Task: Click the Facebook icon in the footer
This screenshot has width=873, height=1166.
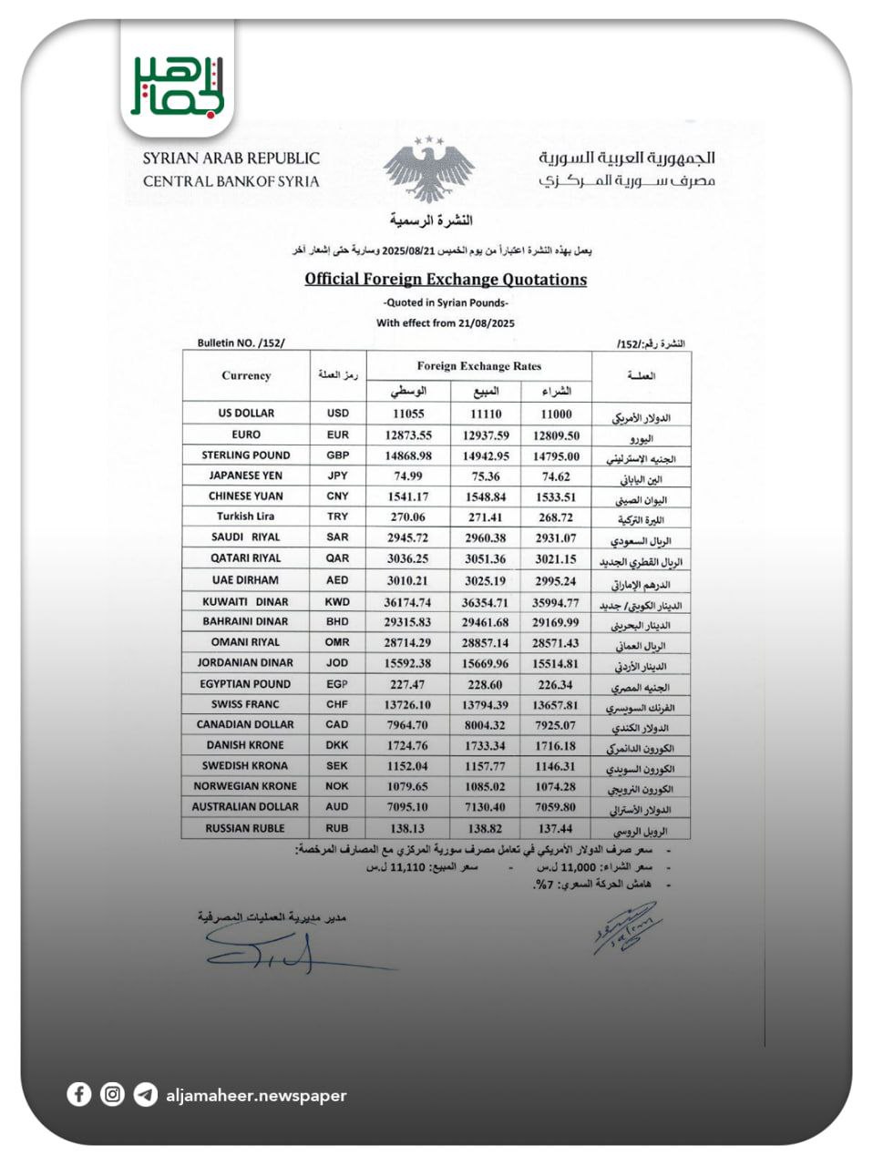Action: (x=79, y=1094)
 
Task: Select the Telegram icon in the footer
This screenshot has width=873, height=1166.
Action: (x=145, y=1094)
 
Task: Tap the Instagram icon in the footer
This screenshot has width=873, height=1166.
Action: (x=112, y=1094)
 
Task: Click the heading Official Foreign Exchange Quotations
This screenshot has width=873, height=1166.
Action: (x=445, y=280)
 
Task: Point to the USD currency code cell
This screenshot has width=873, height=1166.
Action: (x=337, y=413)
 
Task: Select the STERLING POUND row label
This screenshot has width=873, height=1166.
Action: (x=246, y=455)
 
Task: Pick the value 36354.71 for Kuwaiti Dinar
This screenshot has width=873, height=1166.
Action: (x=485, y=602)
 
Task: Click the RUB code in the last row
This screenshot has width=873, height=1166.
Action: (x=337, y=828)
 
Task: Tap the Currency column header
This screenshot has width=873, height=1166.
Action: (x=246, y=375)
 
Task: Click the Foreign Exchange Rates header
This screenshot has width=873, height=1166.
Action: (x=478, y=366)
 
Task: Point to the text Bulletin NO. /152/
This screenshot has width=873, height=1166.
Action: (x=241, y=343)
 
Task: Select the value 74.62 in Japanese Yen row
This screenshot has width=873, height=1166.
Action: (x=556, y=476)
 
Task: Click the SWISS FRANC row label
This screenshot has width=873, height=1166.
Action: (x=245, y=704)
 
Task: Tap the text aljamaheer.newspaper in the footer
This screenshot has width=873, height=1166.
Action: (x=256, y=1095)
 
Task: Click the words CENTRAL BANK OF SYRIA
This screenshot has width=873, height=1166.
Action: (x=231, y=181)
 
